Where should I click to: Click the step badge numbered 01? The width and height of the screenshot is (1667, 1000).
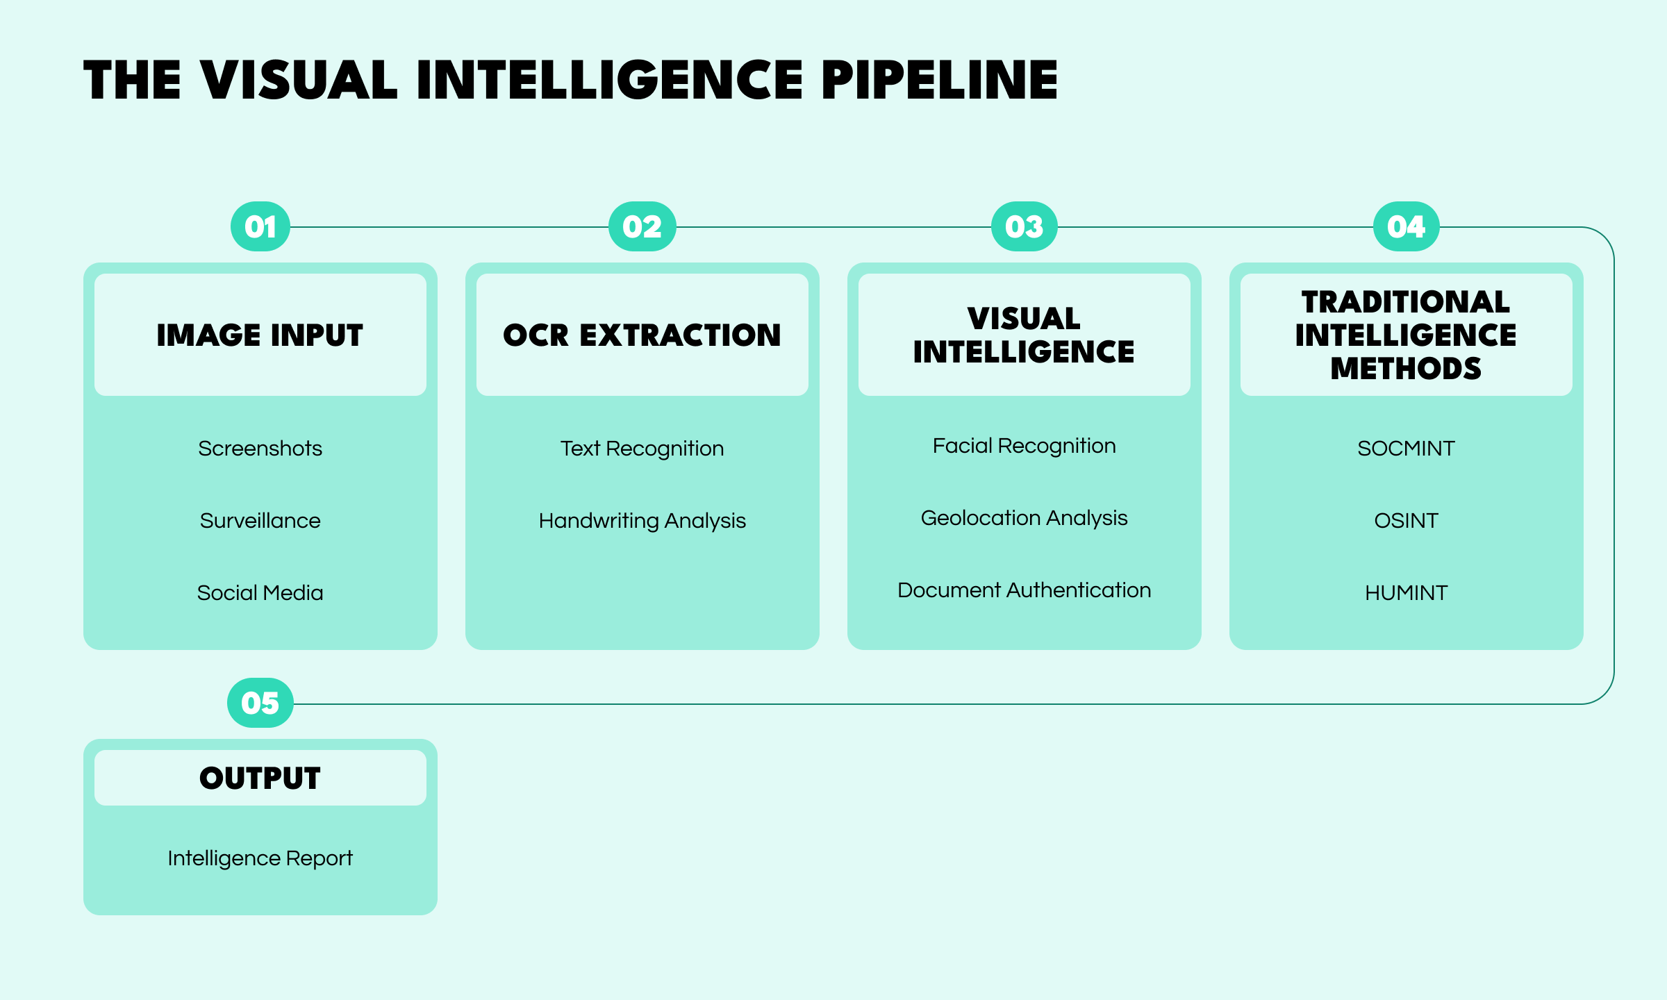260,227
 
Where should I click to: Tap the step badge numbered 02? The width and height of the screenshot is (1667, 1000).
642,227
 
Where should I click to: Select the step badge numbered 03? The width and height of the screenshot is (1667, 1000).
1025,227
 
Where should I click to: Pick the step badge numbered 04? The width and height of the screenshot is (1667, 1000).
1407,227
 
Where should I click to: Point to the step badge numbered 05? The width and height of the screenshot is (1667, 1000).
260,703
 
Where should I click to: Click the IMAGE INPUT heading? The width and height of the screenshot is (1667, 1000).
260,335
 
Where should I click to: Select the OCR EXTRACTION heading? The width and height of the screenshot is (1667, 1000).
642,335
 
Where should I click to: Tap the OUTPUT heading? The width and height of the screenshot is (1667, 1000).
260,778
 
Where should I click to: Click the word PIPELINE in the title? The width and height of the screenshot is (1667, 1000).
939,81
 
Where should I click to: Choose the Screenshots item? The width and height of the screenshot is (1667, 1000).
260,449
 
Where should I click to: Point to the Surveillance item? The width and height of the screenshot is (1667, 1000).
260,521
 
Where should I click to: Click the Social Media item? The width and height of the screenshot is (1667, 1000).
260,593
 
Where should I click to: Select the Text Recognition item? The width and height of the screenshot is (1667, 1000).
642,449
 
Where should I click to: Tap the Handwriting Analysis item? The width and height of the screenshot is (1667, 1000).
642,521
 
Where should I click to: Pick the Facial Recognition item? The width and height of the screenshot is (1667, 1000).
1024,446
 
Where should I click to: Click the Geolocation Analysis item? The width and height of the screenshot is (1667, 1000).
1024,518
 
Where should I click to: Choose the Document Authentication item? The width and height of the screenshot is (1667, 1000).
1024,590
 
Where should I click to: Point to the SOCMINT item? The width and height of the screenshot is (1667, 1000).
1406,449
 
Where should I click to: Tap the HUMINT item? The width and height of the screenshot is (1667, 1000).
1406,593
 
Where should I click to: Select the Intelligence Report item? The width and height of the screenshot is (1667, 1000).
260,858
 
